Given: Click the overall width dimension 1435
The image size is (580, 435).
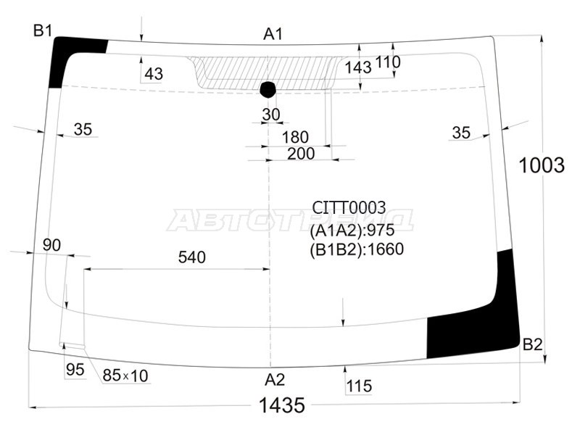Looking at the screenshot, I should click(x=282, y=405).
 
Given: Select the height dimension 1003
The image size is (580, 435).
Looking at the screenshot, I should click(x=542, y=165).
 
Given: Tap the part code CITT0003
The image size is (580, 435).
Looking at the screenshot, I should click(x=349, y=208).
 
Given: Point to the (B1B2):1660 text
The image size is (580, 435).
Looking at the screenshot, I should click(x=356, y=249).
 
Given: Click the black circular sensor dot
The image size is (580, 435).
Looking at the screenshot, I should click(x=268, y=89).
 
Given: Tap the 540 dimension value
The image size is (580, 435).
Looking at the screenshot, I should click(x=192, y=257).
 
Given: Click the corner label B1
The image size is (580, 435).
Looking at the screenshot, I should click(x=43, y=30).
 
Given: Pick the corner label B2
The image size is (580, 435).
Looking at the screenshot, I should click(x=533, y=344).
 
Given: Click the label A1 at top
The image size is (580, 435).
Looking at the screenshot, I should click(x=273, y=33).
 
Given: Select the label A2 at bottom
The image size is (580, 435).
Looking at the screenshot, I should click(x=274, y=379).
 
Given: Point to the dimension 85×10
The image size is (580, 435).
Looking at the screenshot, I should click(x=125, y=376).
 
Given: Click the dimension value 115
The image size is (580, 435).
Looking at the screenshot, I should click(x=358, y=386).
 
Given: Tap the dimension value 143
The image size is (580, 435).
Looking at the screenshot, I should click(x=358, y=67).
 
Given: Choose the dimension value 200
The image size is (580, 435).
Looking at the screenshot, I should click(x=301, y=153).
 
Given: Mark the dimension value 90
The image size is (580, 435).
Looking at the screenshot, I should click(x=51, y=245).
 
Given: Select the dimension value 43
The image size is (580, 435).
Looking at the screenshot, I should click(x=154, y=74).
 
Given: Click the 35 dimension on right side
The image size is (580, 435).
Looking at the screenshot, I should click(x=461, y=132).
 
